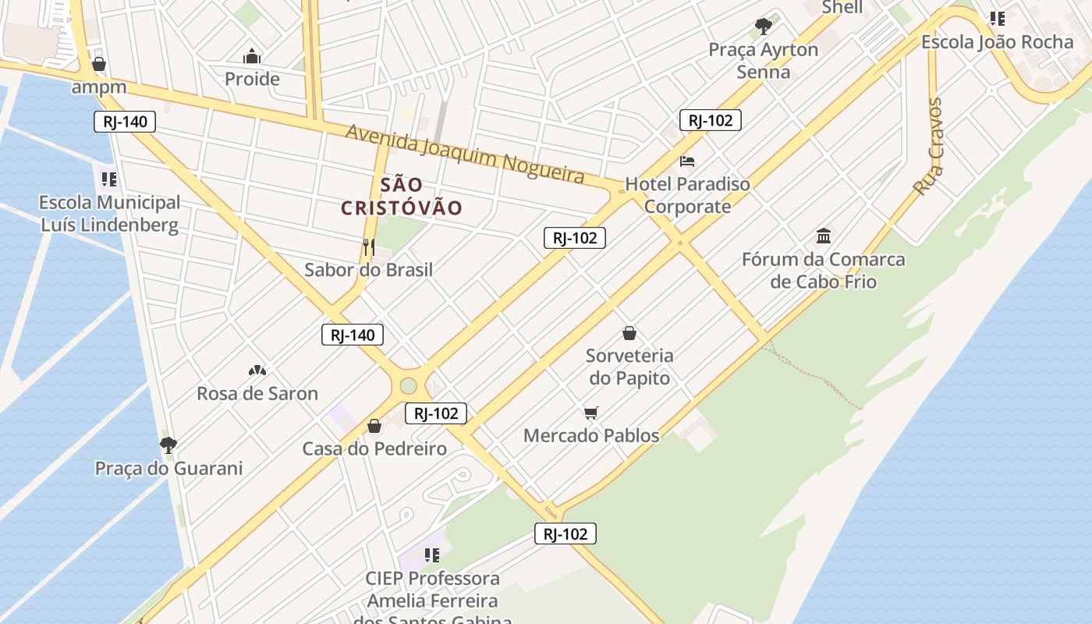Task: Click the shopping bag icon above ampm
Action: (x=99, y=64)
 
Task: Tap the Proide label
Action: (x=252, y=79)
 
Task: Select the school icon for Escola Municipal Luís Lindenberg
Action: (x=108, y=179)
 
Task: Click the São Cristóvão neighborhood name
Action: (x=402, y=197)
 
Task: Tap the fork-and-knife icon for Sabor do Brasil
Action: (x=368, y=247)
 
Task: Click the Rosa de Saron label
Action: (x=257, y=393)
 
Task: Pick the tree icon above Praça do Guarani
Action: (x=168, y=445)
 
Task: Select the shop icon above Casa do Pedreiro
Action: (x=374, y=426)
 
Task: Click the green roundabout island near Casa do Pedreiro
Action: (x=408, y=385)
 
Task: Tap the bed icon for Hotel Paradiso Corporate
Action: (x=687, y=161)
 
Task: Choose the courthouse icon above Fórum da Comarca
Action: (x=824, y=236)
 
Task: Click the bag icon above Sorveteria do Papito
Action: (x=629, y=333)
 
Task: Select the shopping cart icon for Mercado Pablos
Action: (x=591, y=413)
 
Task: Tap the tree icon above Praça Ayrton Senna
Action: (x=763, y=27)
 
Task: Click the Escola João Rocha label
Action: (x=997, y=42)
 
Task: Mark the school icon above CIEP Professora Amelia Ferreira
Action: (x=431, y=555)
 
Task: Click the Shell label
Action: (x=842, y=7)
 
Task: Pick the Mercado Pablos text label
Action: (x=591, y=435)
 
